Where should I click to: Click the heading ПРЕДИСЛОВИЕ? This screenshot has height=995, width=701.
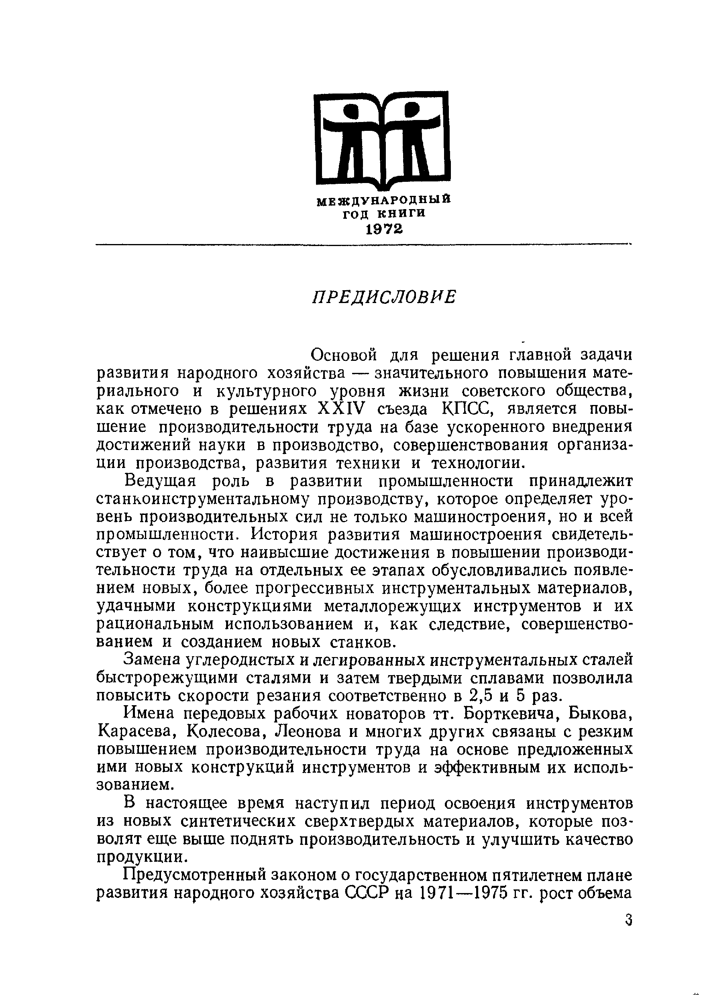[x=384, y=297]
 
